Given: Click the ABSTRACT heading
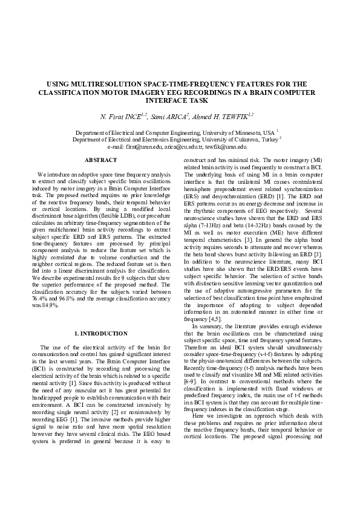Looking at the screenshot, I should pos(97,160).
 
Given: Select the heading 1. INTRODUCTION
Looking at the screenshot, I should pos(97,333).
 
